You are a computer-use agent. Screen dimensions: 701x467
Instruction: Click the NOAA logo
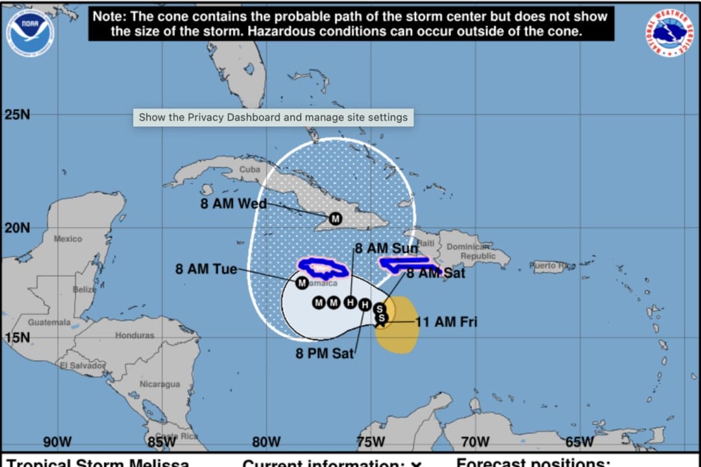tap(31, 32)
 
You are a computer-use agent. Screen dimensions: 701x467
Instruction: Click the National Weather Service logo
tap(669, 33)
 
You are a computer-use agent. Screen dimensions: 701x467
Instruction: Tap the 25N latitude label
tap(18, 115)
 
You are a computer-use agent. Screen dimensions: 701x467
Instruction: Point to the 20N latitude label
tap(18, 228)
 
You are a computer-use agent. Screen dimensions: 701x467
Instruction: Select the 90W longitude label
tap(57, 442)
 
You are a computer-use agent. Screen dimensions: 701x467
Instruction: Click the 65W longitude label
tap(579, 442)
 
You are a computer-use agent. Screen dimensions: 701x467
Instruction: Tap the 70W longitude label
tap(474, 442)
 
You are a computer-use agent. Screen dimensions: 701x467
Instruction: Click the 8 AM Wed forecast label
tap(234, 204)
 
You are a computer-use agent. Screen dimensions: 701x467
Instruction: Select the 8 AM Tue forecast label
tap(206, 269)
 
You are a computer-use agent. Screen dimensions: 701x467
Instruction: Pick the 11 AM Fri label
tap(446, 322)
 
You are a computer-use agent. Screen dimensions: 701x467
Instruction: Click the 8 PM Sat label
tap(325, 353)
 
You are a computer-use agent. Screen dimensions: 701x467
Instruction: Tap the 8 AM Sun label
tap(386, 248)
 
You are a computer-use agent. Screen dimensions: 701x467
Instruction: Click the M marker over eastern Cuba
tap(335, 219)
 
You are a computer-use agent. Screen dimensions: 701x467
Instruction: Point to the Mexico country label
tap(68, 239)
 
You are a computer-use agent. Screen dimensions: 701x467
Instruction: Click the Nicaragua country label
tap(160, 384)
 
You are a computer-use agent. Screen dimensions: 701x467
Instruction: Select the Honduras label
tap(135, 335)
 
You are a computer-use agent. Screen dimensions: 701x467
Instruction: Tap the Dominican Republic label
tap(468, 251)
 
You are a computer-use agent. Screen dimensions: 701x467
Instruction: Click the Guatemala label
tap(49, 322)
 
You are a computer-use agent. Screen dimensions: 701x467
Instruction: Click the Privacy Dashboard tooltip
tap(273, 117)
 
